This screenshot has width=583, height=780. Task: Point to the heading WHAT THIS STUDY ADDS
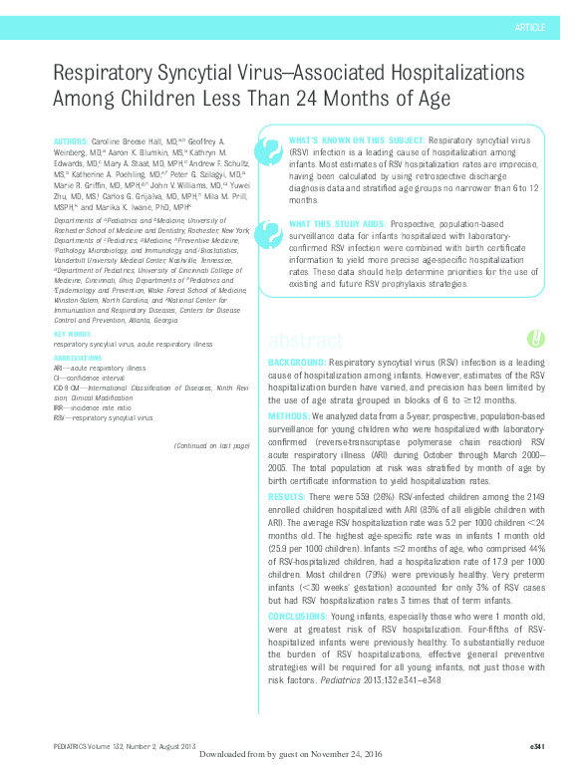pos(338,225)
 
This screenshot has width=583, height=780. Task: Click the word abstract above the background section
pos(305,340)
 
